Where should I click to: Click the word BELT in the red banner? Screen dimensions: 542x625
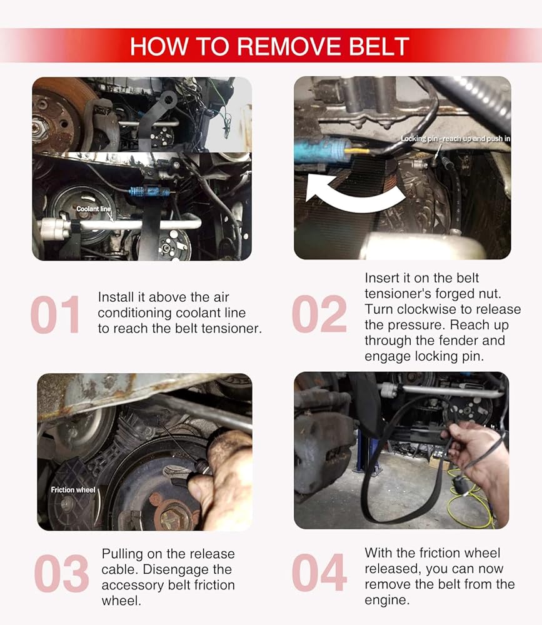pos(379,47)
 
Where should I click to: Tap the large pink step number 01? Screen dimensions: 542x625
pos(55,314)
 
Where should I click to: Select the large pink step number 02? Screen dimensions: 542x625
pos(319,314)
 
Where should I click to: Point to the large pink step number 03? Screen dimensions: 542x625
pos(61,573)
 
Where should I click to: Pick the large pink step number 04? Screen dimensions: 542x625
pos(319,572)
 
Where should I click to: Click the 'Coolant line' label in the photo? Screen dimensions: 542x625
pos(94,209)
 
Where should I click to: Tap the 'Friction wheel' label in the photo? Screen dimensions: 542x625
pos(73,489)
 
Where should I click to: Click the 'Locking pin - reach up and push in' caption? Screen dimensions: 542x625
pos(456,139)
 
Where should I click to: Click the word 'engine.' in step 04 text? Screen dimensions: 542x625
pos(387,600)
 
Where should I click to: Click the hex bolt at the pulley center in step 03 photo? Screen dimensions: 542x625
pos(173,517)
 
